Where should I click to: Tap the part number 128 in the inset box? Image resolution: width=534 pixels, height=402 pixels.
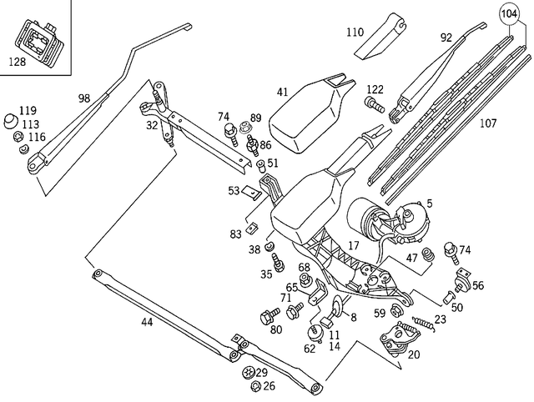[18, 61]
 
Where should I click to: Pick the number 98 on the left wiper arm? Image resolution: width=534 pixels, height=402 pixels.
[83, 98]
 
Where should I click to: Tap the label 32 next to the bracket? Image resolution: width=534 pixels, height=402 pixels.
[151, 125]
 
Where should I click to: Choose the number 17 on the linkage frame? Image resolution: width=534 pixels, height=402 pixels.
[354, 245]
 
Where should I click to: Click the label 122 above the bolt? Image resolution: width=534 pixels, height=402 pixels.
[375, 89]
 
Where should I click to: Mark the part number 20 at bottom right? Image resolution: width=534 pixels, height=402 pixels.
[414, 354]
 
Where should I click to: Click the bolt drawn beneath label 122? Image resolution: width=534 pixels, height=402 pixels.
[373, 105]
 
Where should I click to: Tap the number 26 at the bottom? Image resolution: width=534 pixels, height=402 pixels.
[269, 386]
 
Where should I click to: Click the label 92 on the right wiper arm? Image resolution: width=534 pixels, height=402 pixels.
[446, 37]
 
